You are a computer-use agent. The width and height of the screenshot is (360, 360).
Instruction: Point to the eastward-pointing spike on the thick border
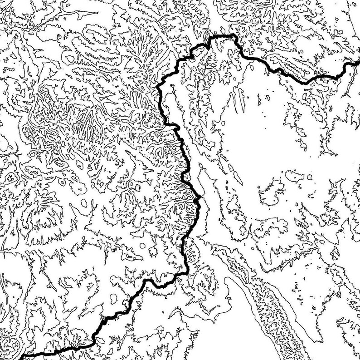(200, 197)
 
